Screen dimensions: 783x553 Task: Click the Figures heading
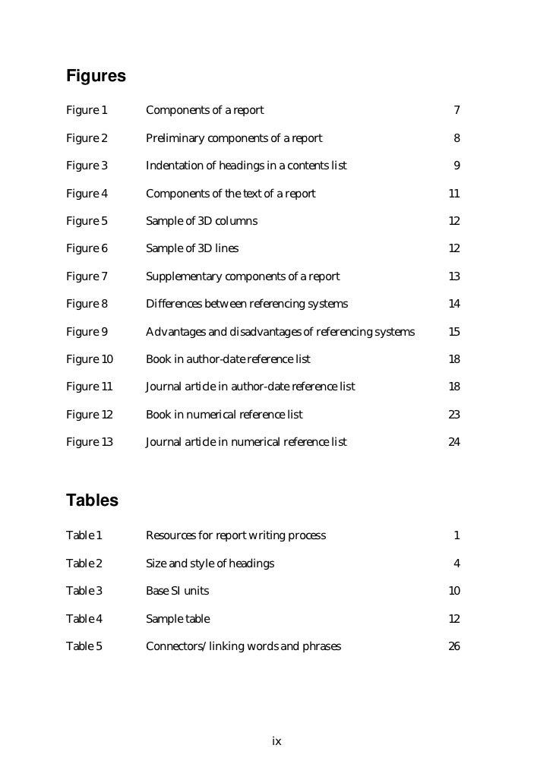[x=96, y=77]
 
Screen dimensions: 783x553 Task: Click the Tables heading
[x=92, y=501]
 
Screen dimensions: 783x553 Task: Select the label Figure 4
[x=87, y=194]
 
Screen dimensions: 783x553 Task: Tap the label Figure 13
[x=90, y=442]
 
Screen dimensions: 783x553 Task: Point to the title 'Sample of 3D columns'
[x=201, y=221]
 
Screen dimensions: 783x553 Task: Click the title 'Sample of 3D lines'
[x=191, y=249]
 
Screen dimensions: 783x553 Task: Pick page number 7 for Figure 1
[x=457, y=111]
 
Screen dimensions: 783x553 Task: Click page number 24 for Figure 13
[x=454, y=442]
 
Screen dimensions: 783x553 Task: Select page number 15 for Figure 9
[x=454, y=332]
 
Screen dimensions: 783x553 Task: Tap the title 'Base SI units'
[x=177, y=591]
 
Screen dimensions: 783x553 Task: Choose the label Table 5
[x=84, y=646]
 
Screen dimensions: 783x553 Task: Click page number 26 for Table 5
[x=454, y=646]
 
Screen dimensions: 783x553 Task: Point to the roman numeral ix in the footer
[x=276, y=741]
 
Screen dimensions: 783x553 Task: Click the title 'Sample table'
[x=178, y=619]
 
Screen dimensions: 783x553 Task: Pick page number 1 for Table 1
[x=457, y=535]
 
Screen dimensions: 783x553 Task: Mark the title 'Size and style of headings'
[x=210, y=564]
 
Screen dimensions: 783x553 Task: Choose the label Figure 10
[x=90, y=359]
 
